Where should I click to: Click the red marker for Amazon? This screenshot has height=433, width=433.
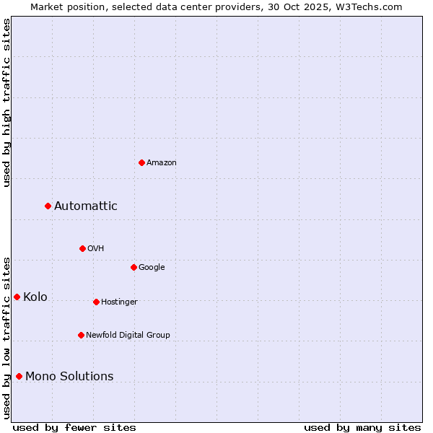coord(141,162)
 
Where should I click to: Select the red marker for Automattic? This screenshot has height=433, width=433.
coord(48,206)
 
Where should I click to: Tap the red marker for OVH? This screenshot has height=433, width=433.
coord(82,248)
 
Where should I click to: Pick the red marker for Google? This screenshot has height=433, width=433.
coord(134,267)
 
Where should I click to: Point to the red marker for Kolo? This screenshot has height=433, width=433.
coord(17,297)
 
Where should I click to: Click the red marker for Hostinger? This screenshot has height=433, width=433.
coord(96,302)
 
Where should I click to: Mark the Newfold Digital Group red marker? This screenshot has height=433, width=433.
coord(81,335)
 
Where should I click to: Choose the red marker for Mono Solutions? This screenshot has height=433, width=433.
coord(19,376)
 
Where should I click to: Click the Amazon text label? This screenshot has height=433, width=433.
coord(162,163)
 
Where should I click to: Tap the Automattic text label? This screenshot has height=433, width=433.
coord(86,206)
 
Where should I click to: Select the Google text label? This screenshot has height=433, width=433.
coord(152,268)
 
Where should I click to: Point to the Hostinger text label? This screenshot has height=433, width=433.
coord(119,302)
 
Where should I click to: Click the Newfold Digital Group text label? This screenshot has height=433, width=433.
coord(128,336)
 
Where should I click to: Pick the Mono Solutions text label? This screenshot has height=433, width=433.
coord(69,377)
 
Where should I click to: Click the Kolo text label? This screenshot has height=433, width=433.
coord(35,297)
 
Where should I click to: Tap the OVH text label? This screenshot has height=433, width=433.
coord(96,249)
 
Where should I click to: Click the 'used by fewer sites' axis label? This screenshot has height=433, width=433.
coord(74,427)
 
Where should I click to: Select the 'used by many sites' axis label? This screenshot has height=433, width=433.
coord(362,427)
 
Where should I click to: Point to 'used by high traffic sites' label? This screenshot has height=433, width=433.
coord(6,102)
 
